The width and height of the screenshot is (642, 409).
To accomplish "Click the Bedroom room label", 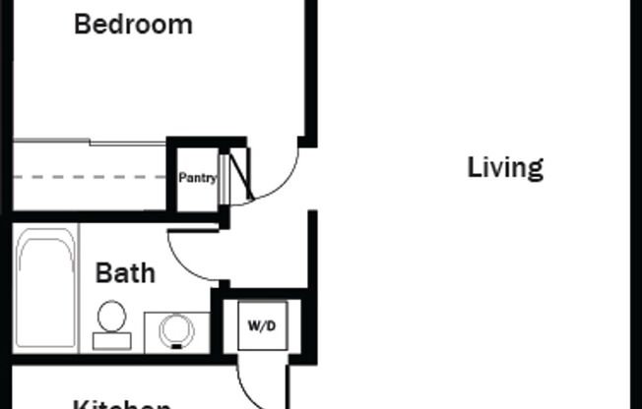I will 133,25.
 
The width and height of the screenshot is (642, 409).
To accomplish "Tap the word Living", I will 504,168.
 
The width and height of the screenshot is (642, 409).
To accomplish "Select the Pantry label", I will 197,178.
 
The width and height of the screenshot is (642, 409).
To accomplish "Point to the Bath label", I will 125,273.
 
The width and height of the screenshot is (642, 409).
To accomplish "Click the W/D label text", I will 261,325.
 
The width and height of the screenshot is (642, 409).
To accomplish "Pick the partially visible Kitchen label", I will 123,403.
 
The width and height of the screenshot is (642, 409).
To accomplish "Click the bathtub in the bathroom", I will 46,290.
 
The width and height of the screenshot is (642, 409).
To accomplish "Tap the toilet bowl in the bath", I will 111,317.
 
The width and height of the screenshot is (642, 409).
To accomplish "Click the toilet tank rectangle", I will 111,341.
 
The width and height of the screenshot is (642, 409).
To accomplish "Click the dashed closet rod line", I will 89,178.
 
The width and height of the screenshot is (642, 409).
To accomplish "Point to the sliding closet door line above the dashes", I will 89,144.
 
